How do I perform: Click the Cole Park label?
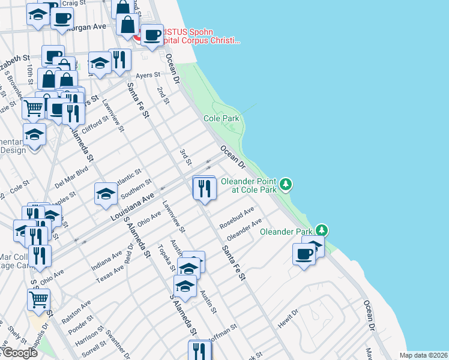click(x=221, y=119)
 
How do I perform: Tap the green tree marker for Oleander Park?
click(x=322, y=230)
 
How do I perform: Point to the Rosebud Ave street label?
click(x=237, y=217)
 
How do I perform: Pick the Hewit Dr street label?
click(x=288, y=319)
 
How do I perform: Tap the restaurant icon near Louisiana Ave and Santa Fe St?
click(x=203, y=188)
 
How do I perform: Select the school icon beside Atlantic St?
click(x=106, y=194)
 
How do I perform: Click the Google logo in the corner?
click(x=19, y=353)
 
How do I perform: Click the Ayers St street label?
click(x=148, y=76)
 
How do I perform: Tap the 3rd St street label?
click(x=185, y=155)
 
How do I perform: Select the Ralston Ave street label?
click(x=76, y=312)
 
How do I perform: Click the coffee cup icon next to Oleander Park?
click(x=304, y=254)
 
